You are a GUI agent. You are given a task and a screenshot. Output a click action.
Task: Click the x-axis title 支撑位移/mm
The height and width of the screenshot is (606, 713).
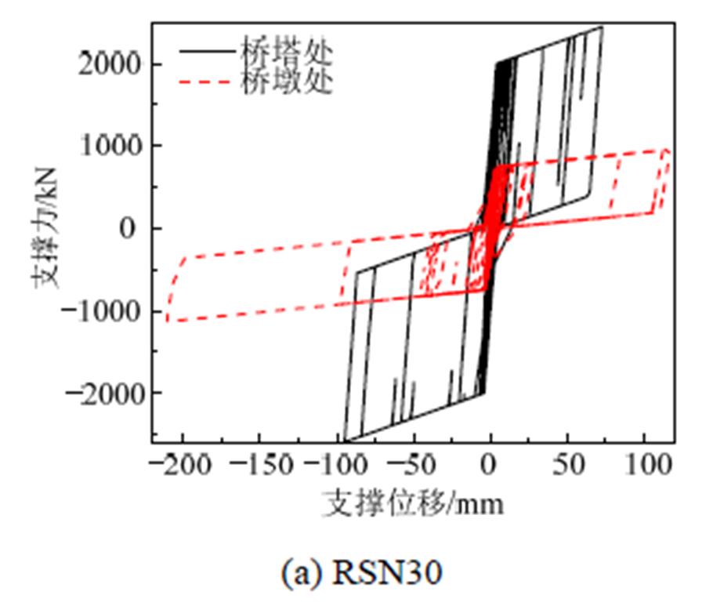coord(413,503)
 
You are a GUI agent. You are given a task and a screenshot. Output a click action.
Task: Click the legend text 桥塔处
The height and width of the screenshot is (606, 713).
coord(288,53)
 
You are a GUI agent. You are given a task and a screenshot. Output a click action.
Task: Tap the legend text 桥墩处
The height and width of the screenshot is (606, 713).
coord(288,81)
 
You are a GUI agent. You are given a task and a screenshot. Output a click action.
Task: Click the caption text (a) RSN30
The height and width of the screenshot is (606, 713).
coord(361,574)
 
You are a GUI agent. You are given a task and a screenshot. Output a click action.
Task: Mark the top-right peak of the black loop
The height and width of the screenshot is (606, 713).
coord(601,27)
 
